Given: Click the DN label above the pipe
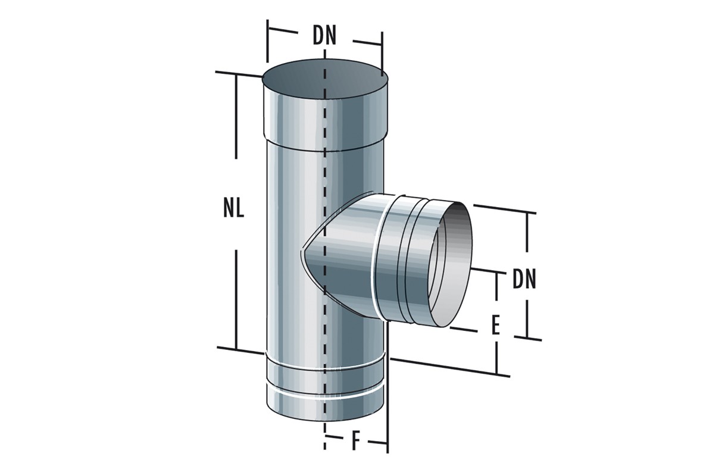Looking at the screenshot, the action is tap(324, 37).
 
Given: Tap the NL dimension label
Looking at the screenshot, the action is tap(234, 209).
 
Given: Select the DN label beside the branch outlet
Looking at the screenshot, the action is tap(524, 280).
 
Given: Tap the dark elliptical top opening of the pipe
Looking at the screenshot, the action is tap(324, 82).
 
